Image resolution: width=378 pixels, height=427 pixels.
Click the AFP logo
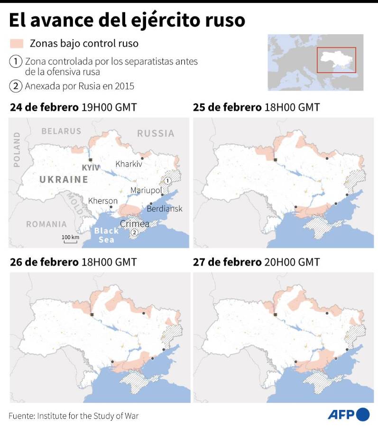click(x=348, y=415)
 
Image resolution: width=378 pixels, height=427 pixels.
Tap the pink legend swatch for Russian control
click(x=16, y=44)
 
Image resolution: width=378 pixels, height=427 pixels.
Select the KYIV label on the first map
click(x=90, y=168)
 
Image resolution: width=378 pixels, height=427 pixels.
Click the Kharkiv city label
click(x=129, y=164)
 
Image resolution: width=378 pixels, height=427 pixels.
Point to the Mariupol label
click(x=146, y=190)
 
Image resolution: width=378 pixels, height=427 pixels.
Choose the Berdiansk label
click(x=165, y=209)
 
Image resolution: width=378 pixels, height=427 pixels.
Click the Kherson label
click(x=103, y=201)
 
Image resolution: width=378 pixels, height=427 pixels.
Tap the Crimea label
click(x=135, y=223)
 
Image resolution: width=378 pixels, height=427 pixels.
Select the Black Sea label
click(x=106, y=235)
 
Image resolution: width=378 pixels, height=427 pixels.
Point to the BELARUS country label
click(x=61, y=131)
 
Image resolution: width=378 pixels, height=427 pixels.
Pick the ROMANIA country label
click(x=46, y=224)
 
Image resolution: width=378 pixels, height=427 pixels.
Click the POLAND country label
click(x=17, y=149)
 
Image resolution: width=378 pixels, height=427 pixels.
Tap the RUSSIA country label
click(x=156, y=133)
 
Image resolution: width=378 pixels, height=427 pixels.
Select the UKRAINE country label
click(x=64, y=179)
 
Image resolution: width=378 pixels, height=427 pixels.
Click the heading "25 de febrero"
click(x=227, y=107)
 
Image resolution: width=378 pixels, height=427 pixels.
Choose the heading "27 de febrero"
click(x=227, y=262)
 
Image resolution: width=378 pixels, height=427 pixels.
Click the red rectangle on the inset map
click(x=336, y=60)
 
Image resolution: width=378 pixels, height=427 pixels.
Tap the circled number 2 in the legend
click(x=16, y=86)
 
